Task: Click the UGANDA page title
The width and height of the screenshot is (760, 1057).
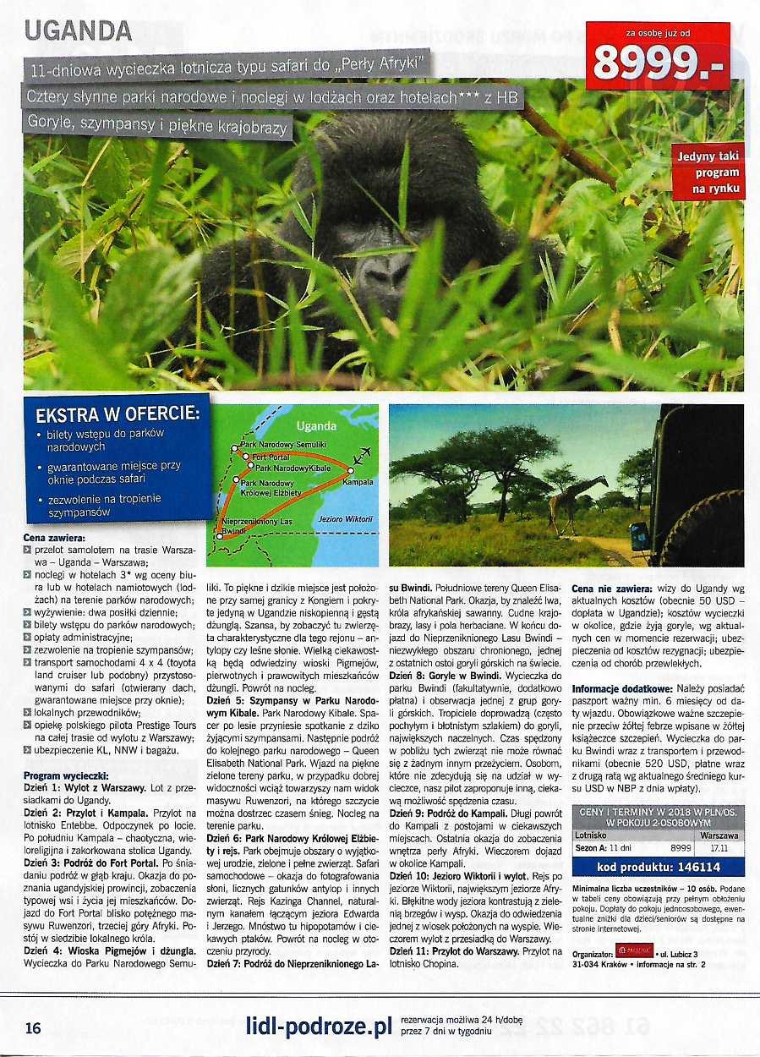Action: click(78, 30)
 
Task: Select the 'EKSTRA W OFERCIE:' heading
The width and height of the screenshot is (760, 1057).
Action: click(118, 415)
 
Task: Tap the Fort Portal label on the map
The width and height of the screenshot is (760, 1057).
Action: click(271, 457)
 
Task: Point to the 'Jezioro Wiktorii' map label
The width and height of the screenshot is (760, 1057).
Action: click(346, 518)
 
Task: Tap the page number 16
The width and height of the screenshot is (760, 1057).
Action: click(32, 1028)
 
